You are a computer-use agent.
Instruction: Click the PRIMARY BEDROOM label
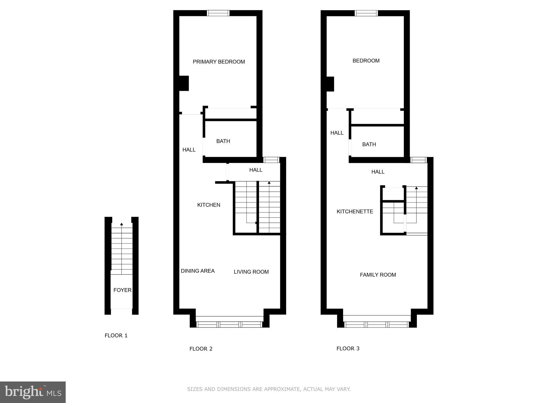coord(219,62)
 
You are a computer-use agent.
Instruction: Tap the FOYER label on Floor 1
coord(122,290)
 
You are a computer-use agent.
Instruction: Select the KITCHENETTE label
coord(355,211)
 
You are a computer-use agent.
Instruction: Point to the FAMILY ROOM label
coord(378,275)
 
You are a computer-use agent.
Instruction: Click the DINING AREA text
coord(198,271)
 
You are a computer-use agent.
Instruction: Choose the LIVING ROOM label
coord(251,272)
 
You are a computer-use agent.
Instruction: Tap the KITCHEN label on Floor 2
coord(209,205)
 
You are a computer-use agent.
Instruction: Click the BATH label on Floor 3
coord(369,144)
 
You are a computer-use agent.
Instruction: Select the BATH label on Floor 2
coord(223,141)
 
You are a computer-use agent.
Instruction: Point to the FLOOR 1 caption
coord(116,335)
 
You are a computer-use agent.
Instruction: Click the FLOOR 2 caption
coord(201,349)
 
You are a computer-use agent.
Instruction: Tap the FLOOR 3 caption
coord(348,348)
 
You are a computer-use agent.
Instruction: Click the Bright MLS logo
coord(33,392)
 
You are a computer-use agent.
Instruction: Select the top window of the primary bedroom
coord(218,13)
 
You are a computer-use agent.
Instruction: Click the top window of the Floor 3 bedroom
coord(366,13)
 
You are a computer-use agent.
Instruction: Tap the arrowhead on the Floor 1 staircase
coord(122,224)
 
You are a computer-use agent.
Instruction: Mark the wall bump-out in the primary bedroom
coord(184,83)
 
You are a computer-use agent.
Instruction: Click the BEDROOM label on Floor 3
coord(366,61)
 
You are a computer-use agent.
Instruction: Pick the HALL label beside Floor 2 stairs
coord(256,170)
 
